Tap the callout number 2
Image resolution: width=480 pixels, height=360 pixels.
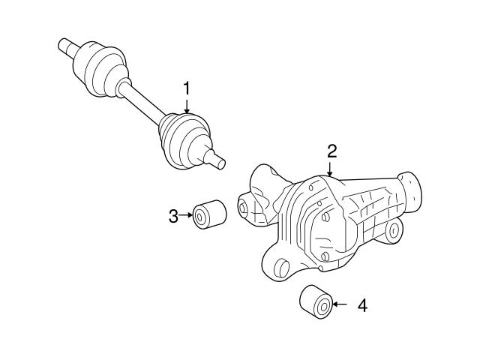[x=331, y=151]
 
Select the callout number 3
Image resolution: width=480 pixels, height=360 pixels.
[x=173, y=217]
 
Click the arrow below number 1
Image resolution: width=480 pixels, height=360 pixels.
[x=187, y=108]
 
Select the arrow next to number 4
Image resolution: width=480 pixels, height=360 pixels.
[x=342, y=304]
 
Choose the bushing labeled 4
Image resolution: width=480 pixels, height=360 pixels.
[x=315, y=302]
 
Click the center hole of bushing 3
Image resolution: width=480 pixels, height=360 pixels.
[x=200, y=218]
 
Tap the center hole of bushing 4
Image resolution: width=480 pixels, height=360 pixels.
[x=324, y=305]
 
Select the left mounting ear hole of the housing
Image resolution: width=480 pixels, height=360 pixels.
[x=244, y=206]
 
